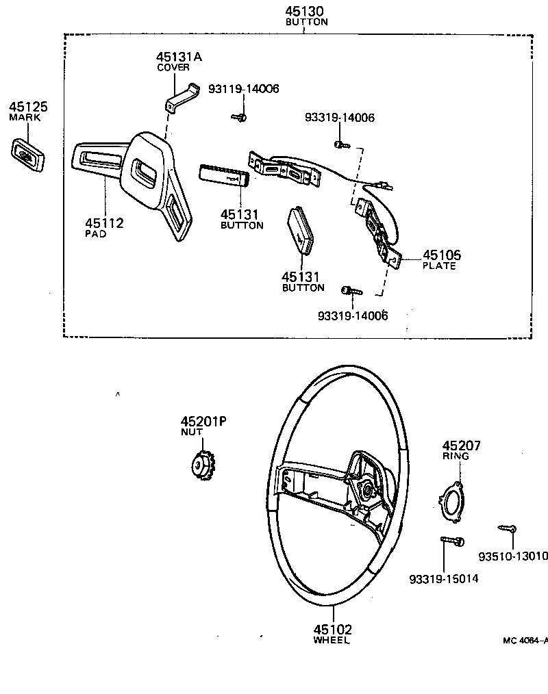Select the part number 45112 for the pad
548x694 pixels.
104,223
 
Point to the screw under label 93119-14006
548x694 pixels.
240,118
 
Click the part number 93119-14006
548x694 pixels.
245,89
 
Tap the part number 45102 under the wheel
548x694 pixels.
332,630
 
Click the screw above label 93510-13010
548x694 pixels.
508,528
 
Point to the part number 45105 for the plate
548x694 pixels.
441,255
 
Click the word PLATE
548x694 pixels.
439,266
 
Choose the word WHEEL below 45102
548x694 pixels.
332,641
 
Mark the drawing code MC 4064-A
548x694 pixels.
525,641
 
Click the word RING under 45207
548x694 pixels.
456,456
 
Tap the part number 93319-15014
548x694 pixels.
443,579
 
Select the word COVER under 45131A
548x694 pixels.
173,68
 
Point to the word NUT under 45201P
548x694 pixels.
191,433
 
